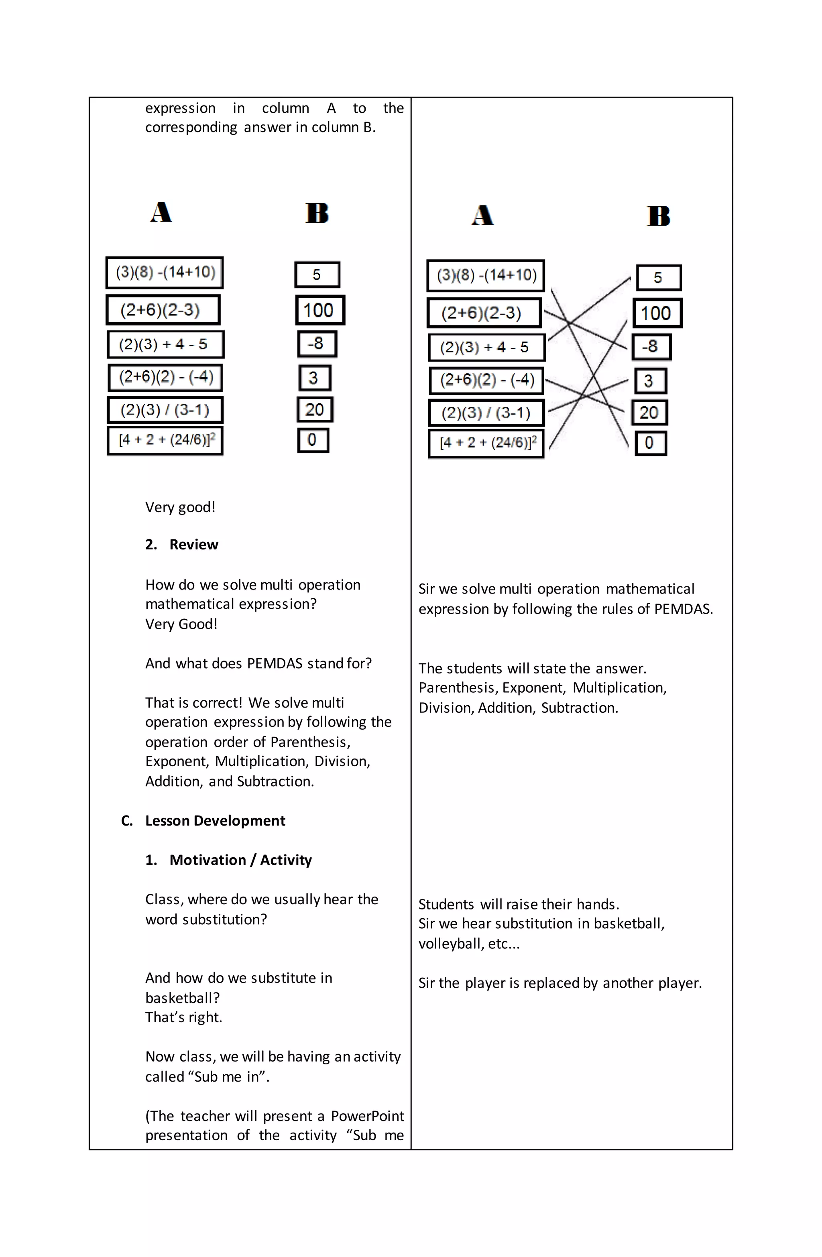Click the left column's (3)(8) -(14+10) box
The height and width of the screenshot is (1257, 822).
(164, 273)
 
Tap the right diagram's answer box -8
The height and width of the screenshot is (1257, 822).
(651, 347)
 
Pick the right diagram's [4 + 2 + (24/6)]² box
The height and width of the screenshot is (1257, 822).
(486, 443)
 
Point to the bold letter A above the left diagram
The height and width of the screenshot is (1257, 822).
(161, 213)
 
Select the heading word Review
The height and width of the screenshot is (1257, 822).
(193, 545)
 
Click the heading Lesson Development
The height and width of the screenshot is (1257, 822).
(215, 821)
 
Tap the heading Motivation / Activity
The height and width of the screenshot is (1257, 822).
(240, 860)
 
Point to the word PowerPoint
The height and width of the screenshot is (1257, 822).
(367, 1116)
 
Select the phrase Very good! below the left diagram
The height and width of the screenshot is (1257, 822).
(180, 508)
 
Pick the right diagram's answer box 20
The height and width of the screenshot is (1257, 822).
(649, 413)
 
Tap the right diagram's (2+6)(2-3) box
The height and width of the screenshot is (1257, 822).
(484, 313)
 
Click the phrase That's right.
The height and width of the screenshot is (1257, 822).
(183, 1017)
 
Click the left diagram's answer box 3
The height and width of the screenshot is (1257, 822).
(314, 378)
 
